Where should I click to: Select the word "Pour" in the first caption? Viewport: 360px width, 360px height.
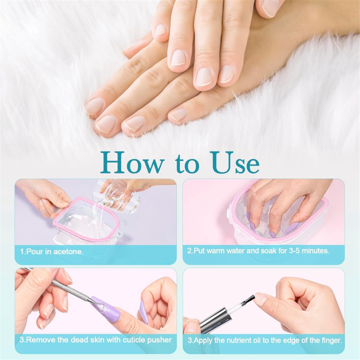point(35,252)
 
